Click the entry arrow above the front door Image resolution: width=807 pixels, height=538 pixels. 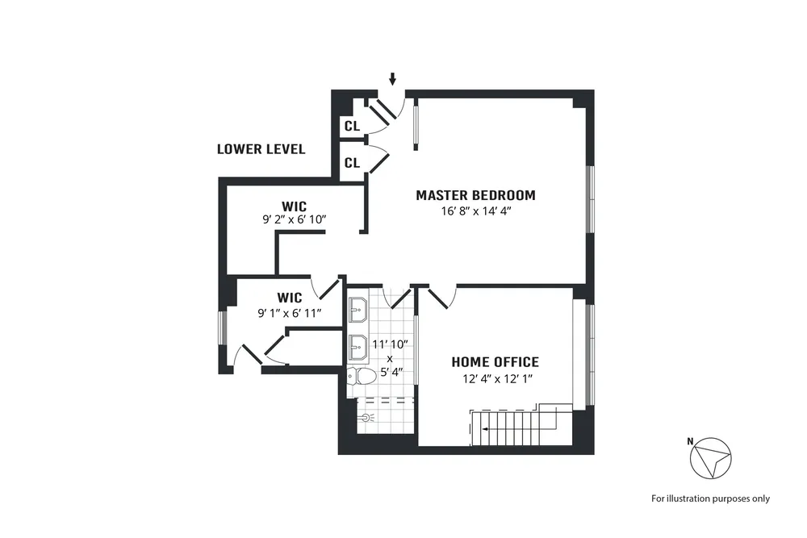[x=393, y=79]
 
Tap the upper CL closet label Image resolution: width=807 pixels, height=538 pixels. [x=352, y=126]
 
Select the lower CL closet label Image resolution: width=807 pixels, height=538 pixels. [x=352, y=163]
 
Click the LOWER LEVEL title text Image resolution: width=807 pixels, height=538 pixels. [x=261, y=149]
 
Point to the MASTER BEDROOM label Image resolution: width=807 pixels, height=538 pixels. [x=475, y=195]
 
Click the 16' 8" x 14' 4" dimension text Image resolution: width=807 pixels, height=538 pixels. [x=475, y=211]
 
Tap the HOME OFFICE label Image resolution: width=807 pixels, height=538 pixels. [x=495, y=362]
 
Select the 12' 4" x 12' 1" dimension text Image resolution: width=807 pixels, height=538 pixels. [x=495, y=378]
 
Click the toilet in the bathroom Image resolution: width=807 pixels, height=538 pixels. [x=361, y=376]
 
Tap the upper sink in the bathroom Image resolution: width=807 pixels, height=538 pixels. [x=358, y=307]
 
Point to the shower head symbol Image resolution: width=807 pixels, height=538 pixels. [x=368, y=419]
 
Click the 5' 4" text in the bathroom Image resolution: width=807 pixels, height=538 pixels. [x=390, y=372]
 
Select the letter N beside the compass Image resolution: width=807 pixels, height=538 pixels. [x=690, y=440]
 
